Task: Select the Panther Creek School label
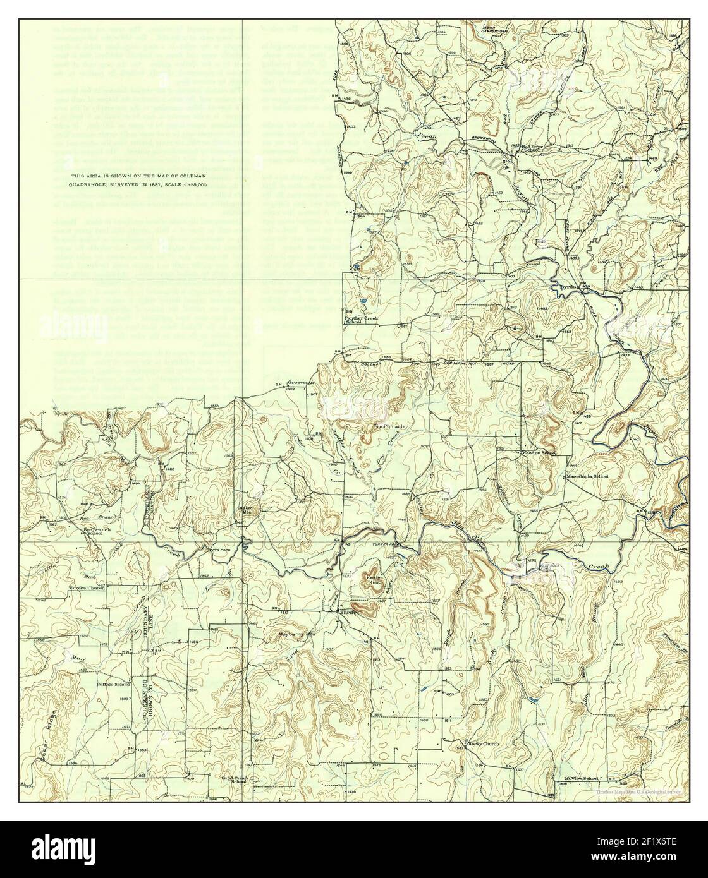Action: pyautogui.click(x=361, y=321)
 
